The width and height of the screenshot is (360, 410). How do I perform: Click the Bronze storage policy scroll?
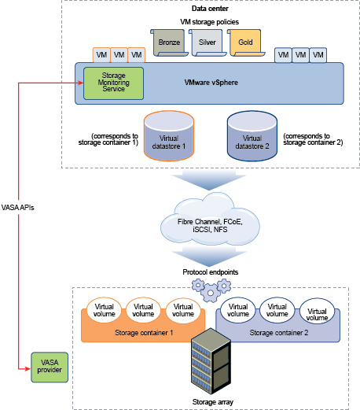tap(169, 42)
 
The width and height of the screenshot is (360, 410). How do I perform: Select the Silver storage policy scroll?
tap(208, 42)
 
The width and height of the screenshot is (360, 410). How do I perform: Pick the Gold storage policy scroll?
tap(245, 42)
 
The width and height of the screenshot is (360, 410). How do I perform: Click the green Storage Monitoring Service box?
tap(113, 83)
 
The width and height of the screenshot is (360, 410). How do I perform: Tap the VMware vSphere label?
tap(211, 83)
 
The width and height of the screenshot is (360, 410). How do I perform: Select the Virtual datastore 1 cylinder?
tap(169, 135)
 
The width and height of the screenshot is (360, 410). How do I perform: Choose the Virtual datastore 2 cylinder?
tap(252, 135)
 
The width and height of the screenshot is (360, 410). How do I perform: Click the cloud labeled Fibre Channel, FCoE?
tap(210, 220)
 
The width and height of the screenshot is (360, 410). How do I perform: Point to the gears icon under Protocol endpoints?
tap(211, 290)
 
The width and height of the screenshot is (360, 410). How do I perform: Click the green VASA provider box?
tap(50, 367)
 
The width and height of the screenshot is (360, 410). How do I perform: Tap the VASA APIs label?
tap(17, 208)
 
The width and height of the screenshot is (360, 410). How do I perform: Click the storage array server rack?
tap(211, 361)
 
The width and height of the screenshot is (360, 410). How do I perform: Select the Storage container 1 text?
tap(144, 333)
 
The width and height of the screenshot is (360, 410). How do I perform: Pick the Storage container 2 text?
tap(279, 333)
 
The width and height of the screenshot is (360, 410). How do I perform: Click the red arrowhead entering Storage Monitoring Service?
tap(81, 83)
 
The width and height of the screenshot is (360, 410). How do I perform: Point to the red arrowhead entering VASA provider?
tap(28, 369)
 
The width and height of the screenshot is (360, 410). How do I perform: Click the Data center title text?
tap(210, 9)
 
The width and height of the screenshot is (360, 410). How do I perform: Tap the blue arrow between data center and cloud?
tap(209, 179)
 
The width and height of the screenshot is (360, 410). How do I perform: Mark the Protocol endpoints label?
tap(211, 272)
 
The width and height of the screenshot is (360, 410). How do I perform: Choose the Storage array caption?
tap(213, 402)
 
